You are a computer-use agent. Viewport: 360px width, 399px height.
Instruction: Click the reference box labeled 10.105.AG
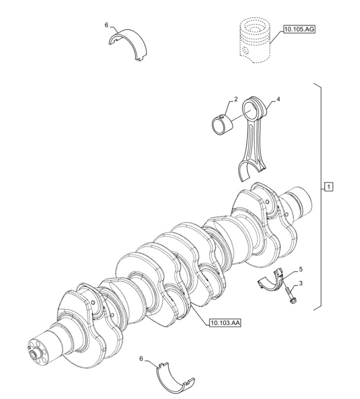pyautogui.click(x=299, y=30)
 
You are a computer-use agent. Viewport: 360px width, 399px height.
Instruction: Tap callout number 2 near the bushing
pyautogui.click(x=236, y=99)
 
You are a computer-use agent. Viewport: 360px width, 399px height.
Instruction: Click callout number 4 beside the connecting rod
pyautogui.click(x=278, y=99)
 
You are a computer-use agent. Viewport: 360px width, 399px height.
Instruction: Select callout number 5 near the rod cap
pyautogui.click(x=300, y=269)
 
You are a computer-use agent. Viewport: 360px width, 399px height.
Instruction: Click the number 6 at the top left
pyautogui.click(x=106, y=25)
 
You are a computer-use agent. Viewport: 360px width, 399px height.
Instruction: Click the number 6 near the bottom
pyautogui.click(x=141, y=359)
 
